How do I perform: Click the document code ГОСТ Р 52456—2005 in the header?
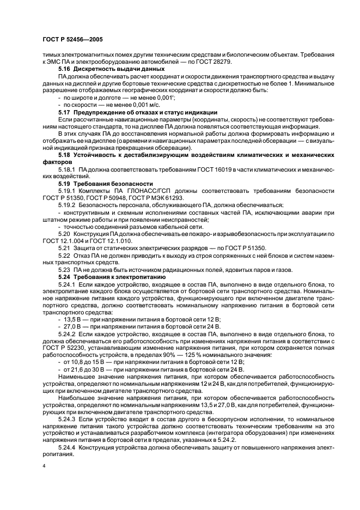coord(72,40)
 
